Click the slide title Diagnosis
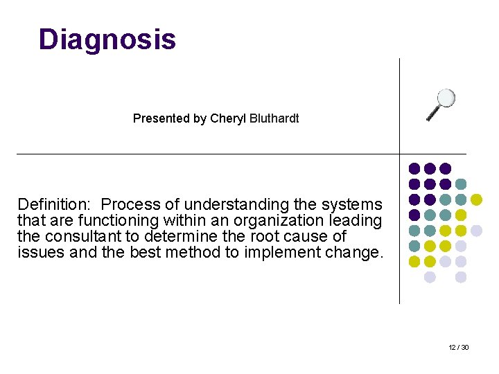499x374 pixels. [x=107, y=39]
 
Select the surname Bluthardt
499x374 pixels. [x=272, y=118]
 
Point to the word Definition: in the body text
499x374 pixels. [x=54, y=205]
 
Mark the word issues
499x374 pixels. [x=40, y=253]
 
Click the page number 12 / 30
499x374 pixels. [x=458, y=347]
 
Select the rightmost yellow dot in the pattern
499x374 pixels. [x=476, y=199]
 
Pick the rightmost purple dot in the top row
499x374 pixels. [x=446, y=168]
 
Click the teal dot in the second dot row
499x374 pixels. [x=461, y=184]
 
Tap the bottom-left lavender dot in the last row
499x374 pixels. [x=430, y=277]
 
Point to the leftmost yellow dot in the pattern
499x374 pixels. [x=414, y=262]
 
